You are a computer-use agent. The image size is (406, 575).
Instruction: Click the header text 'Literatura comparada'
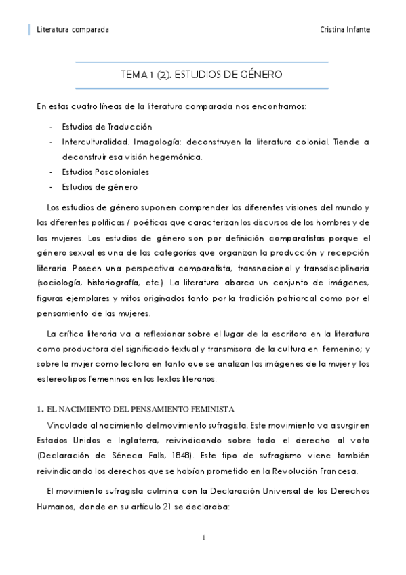(73, 30)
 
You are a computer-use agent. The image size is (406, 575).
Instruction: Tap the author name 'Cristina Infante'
(344, 30)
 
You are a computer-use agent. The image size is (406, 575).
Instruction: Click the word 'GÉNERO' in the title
(260, 74)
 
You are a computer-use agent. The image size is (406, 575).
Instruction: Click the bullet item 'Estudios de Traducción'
(106, 127)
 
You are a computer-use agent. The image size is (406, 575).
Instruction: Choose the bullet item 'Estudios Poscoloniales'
(105, 172)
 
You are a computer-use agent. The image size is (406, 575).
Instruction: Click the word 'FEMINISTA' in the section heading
(212, 409)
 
